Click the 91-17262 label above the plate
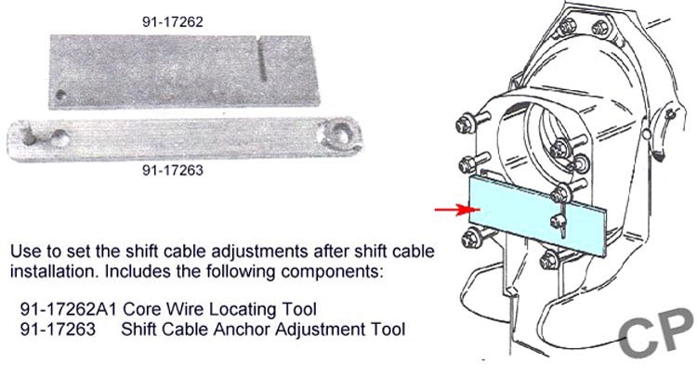(173, 21)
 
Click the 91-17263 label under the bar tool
(173, 170)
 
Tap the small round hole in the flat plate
(61, 95)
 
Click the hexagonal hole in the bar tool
(339, 134)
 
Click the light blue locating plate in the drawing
(538, 216)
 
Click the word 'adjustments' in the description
(259, 253)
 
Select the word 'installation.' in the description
(54, 271)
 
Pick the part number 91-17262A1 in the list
(68, 308)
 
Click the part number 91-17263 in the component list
(58, 329)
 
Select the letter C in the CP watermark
(638, 336)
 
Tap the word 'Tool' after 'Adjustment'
(388, 329)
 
